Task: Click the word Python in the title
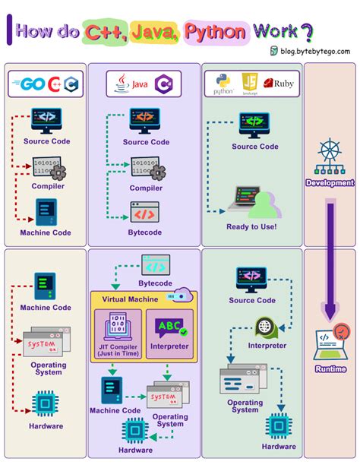[214, 33]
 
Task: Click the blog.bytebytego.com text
[314, 51]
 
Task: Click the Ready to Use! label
[251, 226]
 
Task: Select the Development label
[330, 182]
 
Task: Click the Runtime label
[330, 368]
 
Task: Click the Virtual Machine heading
[131, 299]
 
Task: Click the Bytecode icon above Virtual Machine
[156, 267]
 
